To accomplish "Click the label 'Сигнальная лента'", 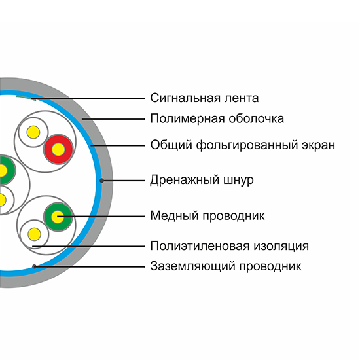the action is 204,98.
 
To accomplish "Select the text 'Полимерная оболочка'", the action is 217,119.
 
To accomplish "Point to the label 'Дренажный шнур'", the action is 202,180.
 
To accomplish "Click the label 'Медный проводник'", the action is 207,216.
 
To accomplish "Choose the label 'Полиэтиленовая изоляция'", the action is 229,246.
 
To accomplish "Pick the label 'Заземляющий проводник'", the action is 226,266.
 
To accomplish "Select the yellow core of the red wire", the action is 58,149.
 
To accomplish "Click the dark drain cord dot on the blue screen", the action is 101,181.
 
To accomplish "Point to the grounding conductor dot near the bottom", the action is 34,266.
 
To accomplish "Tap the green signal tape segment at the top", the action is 24,97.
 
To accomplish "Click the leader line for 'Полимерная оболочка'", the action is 113,119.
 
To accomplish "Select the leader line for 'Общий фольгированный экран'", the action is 118,145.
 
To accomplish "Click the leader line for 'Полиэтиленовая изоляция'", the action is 88,247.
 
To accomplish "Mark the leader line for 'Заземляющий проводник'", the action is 90,267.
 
